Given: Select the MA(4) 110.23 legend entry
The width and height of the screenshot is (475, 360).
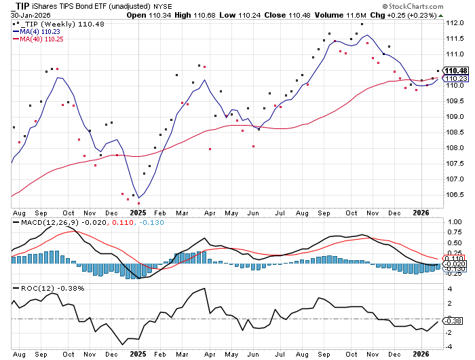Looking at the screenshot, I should coord(41,30).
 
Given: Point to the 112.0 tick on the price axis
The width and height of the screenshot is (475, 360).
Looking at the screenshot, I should coord(454,23).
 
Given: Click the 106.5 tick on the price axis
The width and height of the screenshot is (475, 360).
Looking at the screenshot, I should coord(454,195).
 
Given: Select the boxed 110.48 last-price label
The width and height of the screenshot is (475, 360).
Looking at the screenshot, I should coord(455,71).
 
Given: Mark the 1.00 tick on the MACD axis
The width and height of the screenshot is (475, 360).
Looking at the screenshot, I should coord(454,221).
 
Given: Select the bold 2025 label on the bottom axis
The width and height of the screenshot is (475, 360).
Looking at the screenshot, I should coord(138,353).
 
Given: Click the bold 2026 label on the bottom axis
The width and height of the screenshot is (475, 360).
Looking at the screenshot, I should coord(421,353).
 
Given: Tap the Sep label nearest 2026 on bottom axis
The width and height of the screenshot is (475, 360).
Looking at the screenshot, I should coord(326,353).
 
